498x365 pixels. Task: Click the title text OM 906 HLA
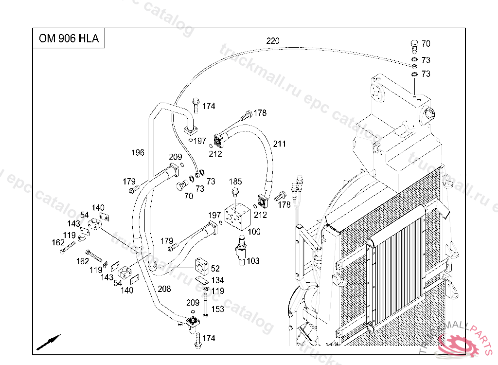69,38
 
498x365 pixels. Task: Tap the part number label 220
273,41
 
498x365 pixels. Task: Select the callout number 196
138,153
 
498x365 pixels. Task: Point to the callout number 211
280,144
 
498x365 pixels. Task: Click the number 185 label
235,182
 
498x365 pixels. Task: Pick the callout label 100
254,232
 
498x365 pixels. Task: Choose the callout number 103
253,261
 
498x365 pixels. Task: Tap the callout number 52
215,268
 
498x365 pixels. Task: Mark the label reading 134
217,280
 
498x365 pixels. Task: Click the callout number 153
217,309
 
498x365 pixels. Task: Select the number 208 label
164,289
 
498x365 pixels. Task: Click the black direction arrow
49,342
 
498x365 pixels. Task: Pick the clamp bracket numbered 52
202,266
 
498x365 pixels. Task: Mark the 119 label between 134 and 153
217,291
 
